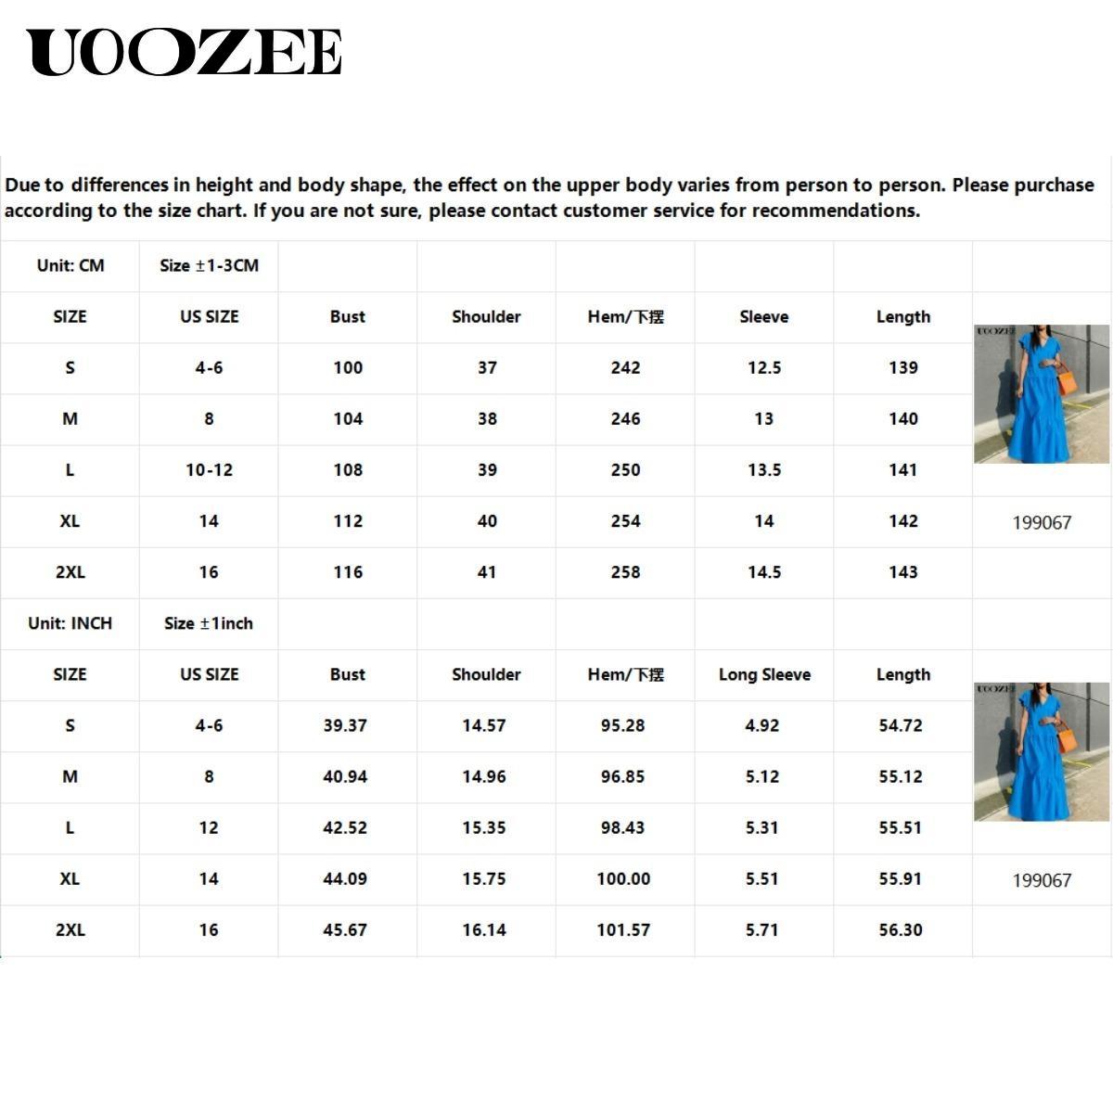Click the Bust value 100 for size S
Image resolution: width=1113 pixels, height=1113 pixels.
348,368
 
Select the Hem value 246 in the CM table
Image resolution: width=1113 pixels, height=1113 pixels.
625,419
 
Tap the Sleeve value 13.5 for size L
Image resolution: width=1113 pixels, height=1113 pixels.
764,470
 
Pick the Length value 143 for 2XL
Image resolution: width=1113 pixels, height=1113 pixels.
902,572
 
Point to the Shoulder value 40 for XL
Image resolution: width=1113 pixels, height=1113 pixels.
487,521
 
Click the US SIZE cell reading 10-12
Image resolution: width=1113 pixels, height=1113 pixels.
209,470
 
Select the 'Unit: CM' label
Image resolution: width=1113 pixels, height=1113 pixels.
70,266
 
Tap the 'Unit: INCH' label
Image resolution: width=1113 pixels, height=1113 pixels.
70,623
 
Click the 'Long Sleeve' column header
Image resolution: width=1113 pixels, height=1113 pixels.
764,675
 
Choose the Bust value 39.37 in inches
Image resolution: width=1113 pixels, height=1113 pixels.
345,726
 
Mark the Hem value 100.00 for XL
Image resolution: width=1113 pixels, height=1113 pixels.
623,879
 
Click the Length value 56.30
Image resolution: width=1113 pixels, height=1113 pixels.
901,930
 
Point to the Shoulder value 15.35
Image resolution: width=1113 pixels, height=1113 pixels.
484,828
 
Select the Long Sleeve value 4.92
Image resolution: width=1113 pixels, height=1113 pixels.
761,726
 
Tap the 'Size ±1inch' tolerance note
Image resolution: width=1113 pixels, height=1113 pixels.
209,623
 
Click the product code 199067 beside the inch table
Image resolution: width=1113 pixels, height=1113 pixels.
1042,880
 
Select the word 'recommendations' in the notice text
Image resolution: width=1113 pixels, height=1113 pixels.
835,211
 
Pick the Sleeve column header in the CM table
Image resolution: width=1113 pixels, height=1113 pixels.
764,317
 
